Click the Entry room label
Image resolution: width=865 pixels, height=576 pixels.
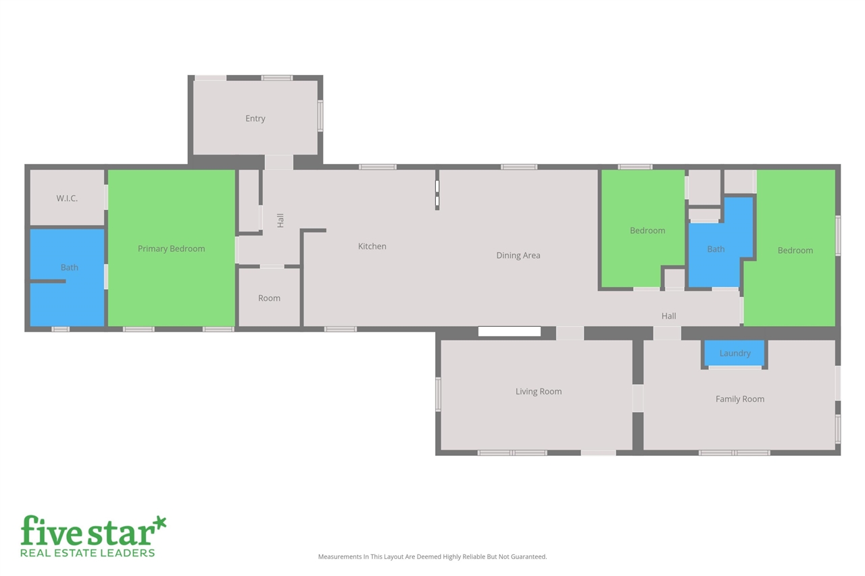255,119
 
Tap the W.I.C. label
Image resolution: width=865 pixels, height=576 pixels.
67,199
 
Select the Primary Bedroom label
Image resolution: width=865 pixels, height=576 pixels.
171,248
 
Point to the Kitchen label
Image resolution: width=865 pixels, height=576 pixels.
372,246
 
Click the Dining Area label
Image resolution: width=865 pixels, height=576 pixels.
518,255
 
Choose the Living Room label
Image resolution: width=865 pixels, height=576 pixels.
539,392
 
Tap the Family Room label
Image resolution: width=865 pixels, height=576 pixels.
740,399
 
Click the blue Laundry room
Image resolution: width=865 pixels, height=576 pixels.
735,353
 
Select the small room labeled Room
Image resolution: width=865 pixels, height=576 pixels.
269,298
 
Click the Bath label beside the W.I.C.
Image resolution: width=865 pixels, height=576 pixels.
70,267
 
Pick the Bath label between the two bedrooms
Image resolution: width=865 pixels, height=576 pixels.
716,249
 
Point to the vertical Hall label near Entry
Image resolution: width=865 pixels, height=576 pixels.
280,220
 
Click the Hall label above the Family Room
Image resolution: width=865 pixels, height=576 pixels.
669,316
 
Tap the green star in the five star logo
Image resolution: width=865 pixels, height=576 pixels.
159,523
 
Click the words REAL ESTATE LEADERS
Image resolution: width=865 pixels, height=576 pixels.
88,553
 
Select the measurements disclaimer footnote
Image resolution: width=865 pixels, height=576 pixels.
432,557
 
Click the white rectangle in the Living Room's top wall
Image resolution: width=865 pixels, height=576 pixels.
510,332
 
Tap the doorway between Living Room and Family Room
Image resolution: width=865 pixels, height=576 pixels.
638,398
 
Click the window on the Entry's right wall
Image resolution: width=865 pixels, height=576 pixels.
320,115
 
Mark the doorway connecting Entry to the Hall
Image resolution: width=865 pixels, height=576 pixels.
278,162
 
